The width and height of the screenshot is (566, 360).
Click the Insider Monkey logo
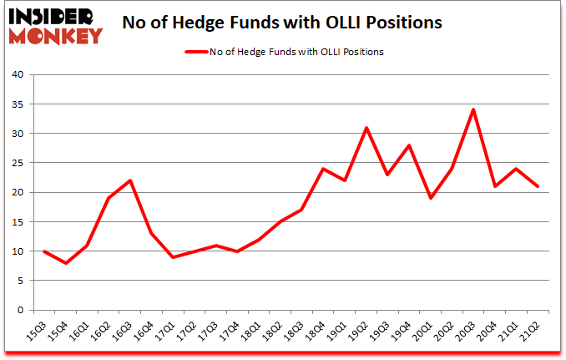54,24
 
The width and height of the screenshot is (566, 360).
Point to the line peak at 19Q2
366,128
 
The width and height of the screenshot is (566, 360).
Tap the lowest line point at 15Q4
66,263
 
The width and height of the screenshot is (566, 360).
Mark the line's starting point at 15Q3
44,251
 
